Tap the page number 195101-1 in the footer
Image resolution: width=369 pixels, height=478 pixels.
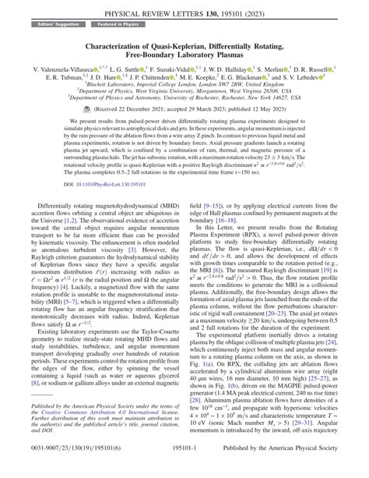point(184,469)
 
